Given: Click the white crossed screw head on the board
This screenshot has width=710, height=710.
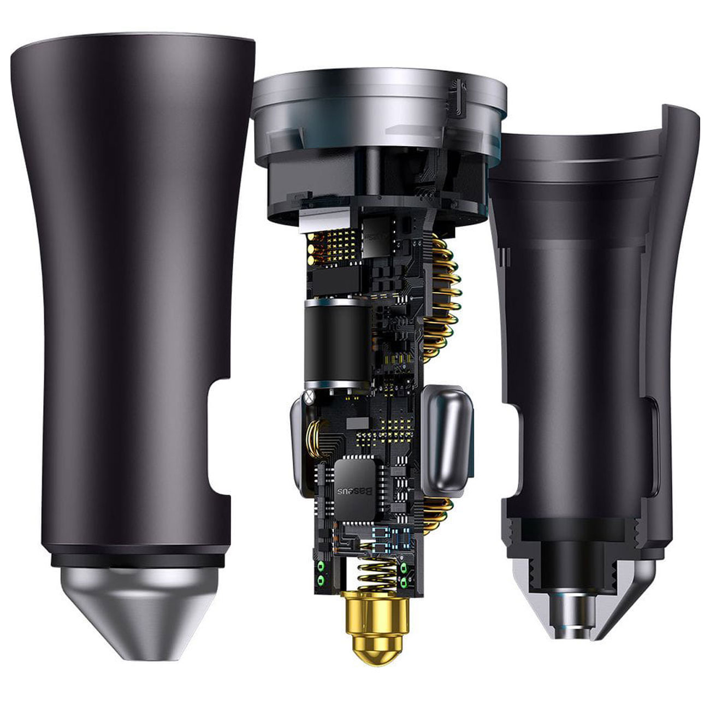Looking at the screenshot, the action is coord(308,397).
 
